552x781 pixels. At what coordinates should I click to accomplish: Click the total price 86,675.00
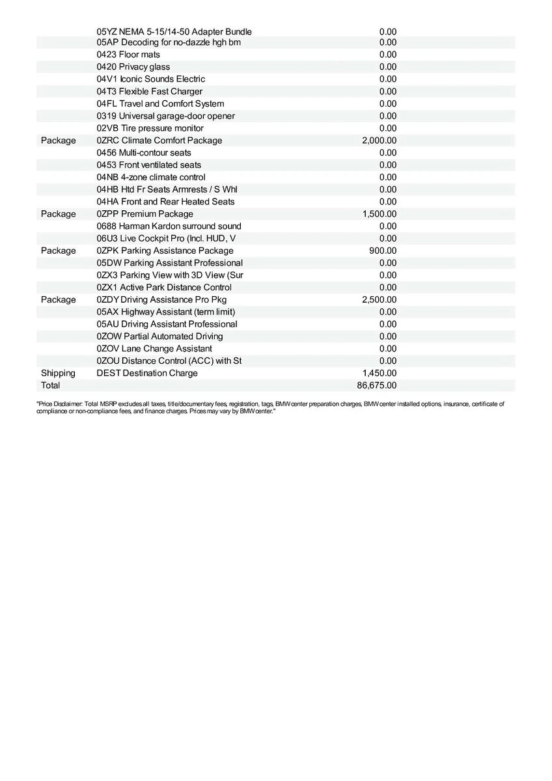(x=377, y=385)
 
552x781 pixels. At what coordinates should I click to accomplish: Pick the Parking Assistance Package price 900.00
(x=383, y=251)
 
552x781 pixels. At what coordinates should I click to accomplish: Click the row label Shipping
(x=58, y=373)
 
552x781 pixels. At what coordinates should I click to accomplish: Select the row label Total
(x=50, y=385)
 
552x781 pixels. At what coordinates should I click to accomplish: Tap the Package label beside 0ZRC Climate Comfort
(x=58, y=141)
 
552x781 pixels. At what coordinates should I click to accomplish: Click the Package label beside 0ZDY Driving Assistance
(x=58, y=299)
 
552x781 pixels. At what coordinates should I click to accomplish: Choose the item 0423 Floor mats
(x=128, y=55)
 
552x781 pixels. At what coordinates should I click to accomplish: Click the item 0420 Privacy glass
(x=133, y=67)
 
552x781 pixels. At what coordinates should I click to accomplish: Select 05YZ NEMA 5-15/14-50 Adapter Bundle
(x=174, y=31)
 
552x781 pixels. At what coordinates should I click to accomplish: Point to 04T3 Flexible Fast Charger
(x=149, y=92)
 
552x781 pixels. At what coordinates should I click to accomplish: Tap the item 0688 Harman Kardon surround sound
(x=169, y=226)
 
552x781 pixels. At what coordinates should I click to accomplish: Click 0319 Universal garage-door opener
(x=165, y=116)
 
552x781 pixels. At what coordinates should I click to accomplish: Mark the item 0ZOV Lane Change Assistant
(x=154, y=349)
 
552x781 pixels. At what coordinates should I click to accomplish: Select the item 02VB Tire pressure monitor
(x=150, y=128)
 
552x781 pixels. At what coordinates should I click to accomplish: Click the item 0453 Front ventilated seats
(x=148, y=165)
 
